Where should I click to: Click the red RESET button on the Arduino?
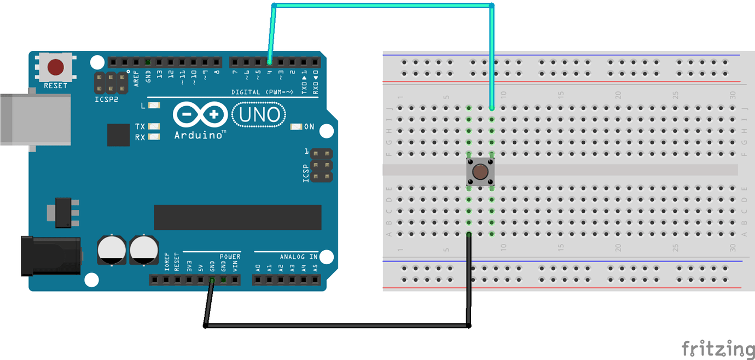coord(55,67)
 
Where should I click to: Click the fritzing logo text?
coord(717,349)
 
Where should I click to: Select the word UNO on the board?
coord(259,115)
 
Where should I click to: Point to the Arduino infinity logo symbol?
coord(200,115)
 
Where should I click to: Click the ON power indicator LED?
coord(297,127)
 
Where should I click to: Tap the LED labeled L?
coord(154,106)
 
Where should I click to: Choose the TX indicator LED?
coord(154,126)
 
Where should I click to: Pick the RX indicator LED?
coord(154,137)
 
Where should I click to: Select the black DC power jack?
coord(50,256)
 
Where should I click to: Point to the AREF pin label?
coord(136,77)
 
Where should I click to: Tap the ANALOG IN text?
coord(299,257)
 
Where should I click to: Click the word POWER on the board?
coord(230,257)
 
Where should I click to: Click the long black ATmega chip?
coord(237,217)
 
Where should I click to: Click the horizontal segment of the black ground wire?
coord(336,326)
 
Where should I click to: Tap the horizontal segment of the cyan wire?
coord(383,6)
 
